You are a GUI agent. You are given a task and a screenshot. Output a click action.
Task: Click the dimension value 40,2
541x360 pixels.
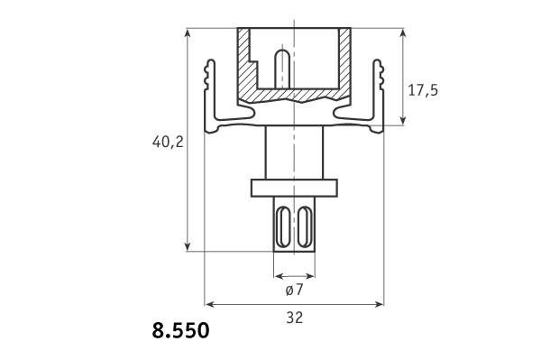(168, 142)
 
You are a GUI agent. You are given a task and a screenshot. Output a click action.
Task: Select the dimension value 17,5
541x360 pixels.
(423, 90)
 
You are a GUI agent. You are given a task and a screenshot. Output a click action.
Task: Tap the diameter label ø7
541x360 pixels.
(294, 290)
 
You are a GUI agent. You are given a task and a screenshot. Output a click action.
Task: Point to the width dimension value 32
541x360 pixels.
(294, 318)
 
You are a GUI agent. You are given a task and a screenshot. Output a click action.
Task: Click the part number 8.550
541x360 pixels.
(180, 330)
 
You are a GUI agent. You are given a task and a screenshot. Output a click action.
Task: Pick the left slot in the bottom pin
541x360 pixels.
(284, 226)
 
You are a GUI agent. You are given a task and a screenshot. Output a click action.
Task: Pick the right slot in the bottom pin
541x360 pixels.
(305, 226)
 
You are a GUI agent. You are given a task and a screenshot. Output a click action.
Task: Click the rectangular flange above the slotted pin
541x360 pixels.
(294, 188)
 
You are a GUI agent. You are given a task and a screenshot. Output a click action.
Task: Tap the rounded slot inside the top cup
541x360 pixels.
(282, 69)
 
